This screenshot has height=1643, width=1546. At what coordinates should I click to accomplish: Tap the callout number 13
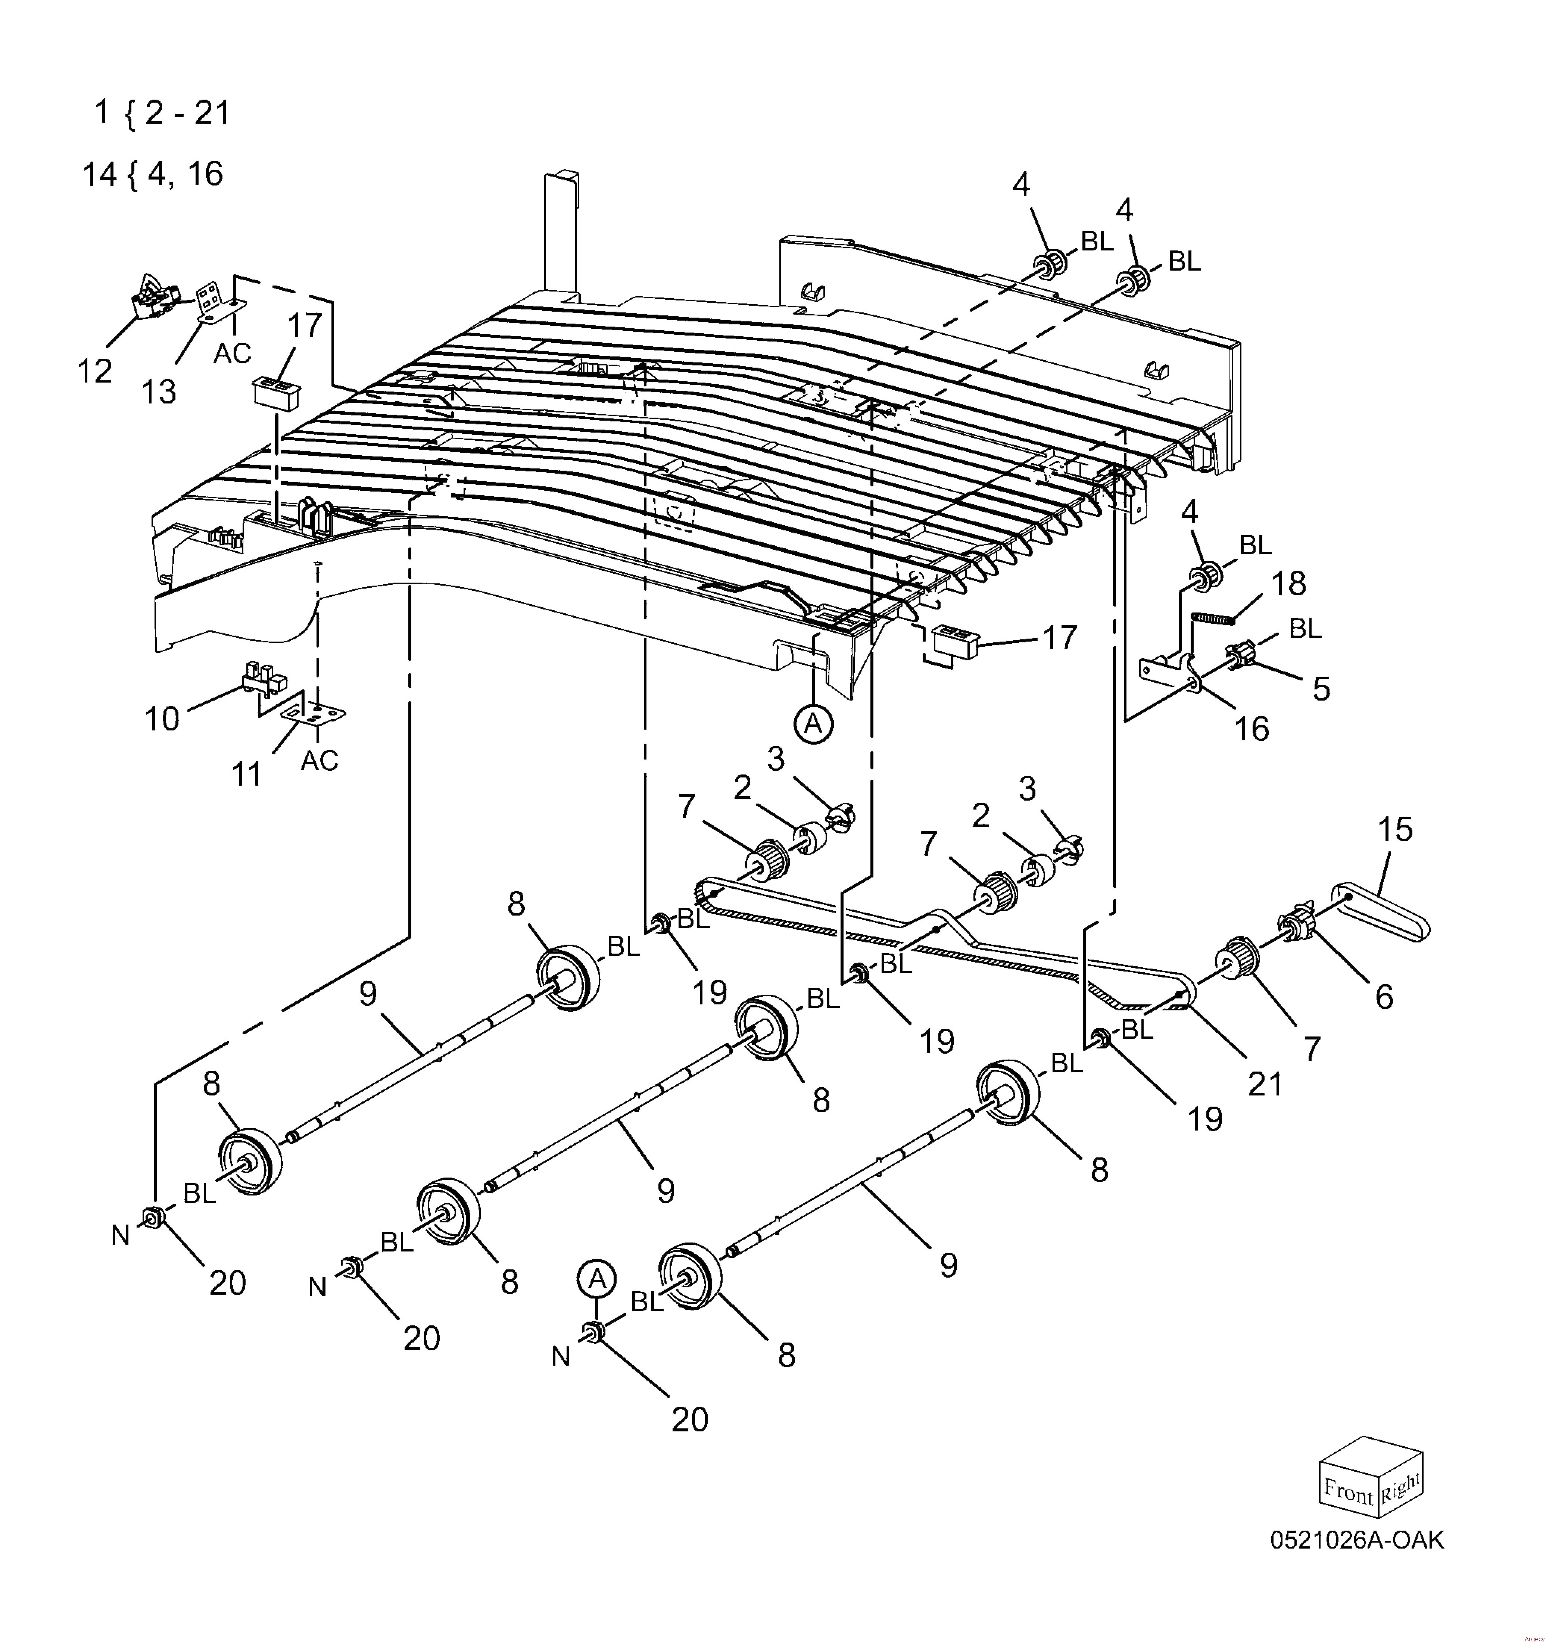point(159,391)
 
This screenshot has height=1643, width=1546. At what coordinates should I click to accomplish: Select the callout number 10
point(162,718)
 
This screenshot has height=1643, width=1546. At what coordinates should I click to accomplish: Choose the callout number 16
point(1251,728)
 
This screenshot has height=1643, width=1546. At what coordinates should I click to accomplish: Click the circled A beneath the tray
point(813,724)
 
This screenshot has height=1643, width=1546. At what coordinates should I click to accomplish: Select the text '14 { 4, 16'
point(154,174)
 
